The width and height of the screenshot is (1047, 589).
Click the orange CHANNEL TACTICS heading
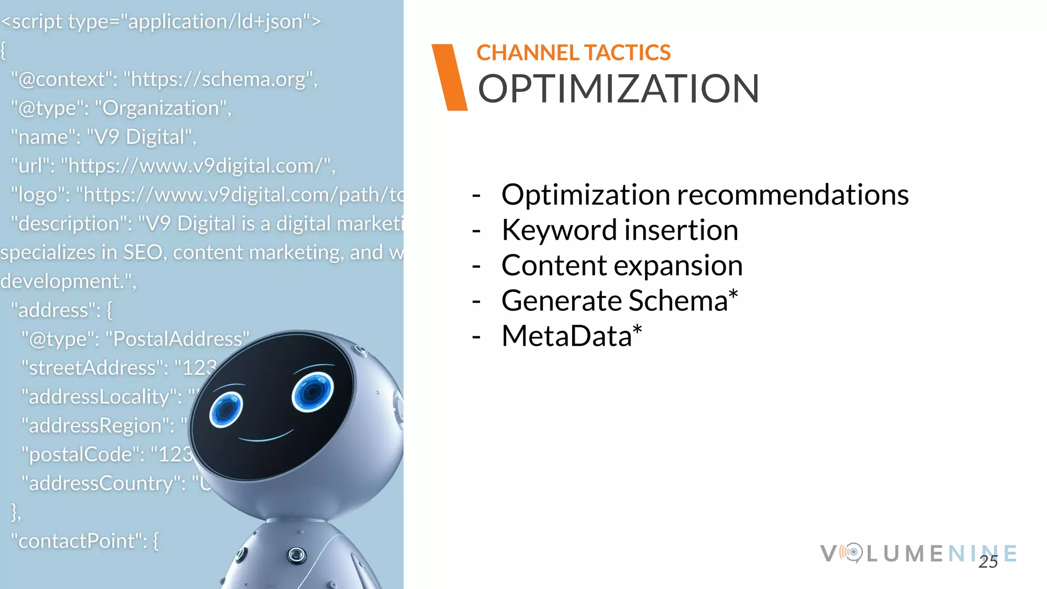point(573,53)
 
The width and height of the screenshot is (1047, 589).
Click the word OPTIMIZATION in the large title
point(618,89)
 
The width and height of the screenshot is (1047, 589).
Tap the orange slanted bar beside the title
point(449,77)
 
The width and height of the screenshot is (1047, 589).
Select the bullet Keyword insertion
point(620,230)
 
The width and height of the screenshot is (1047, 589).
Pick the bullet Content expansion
point(622,265)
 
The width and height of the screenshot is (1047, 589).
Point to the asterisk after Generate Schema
point(733,294)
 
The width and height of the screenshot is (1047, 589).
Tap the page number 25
point(988,562)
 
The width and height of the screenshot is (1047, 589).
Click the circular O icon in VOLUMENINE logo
point(852,553)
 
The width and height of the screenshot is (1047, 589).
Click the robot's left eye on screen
point(225,409)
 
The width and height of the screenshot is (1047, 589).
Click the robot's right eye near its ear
point(312,392)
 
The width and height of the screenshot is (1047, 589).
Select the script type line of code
point(161,21)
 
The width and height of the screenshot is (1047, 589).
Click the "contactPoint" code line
point(85,541)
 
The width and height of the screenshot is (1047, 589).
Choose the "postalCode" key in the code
point(82,455)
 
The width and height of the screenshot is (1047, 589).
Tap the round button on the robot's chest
point(297,555)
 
